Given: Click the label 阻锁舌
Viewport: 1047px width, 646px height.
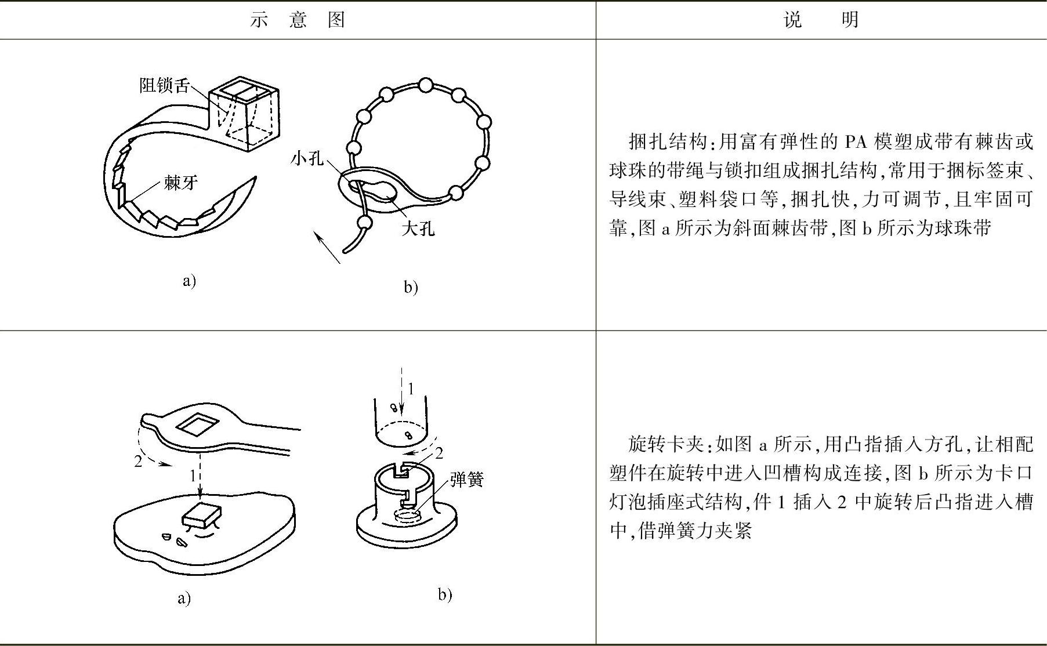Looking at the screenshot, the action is pyautogui.click(x=164, y=86).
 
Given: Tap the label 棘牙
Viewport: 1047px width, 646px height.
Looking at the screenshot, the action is pyautogui.click(x=180, y=183).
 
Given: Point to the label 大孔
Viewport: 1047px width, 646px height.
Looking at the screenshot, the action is pyautogui.click(x=418, y=228).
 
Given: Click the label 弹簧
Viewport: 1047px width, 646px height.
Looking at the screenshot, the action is pyautogui.click(x=466, y=480).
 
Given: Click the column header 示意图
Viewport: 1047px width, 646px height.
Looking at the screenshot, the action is pyautogui.click(x=298, y=20).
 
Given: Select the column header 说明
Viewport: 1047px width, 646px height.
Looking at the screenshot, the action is pyautogui.click(x=820, y=20).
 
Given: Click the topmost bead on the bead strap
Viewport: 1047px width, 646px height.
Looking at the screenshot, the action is pyautogui.click(x=425, y=86).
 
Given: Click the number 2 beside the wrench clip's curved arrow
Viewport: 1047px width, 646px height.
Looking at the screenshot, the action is pyautogui.click(x=138, y=462).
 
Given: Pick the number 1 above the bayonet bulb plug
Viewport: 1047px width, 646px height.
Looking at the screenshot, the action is pyautogui.click(x=411, y=389).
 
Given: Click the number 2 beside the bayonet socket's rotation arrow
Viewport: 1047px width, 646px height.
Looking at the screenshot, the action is pyautogui.click(x=439, y=453).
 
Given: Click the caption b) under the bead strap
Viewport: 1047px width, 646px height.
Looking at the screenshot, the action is pyautogui.click(x=411, y=287).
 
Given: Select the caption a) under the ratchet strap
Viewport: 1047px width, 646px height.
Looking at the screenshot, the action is pyautogui.click(x=189, y=281).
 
